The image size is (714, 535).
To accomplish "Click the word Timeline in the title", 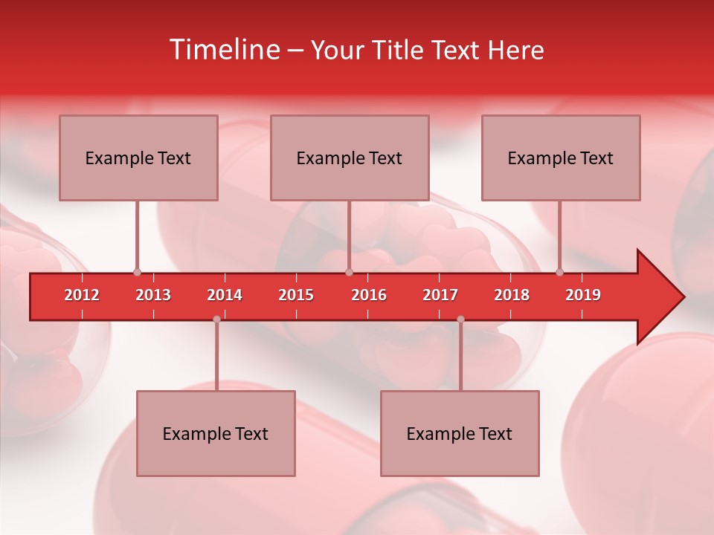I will coord(223,50).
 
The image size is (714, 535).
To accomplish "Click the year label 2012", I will coord(82,295).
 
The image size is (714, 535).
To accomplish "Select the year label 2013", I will coord(153,295).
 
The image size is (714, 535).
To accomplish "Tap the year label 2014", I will coord(225,295).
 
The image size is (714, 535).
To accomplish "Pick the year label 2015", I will coord(296,295).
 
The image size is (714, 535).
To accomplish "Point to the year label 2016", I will coord(369,295).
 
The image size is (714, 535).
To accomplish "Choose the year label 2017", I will coord(440,295).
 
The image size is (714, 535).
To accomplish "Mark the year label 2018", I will coord(512,295).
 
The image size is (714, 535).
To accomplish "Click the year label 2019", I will coord(583,295).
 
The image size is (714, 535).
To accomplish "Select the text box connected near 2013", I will coord(138,158).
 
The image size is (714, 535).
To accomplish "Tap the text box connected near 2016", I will coord(350,158).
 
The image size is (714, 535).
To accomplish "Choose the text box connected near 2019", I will coord(561,158).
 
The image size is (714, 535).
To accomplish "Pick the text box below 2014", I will coord(216,433).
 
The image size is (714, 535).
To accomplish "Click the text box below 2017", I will coord(460,433).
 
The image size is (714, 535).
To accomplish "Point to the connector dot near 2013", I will coord(137,272).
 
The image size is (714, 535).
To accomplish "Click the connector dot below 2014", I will coord(216,319).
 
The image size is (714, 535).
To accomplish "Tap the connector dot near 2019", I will coord(559,272).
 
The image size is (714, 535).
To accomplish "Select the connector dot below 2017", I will coord(460,319).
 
